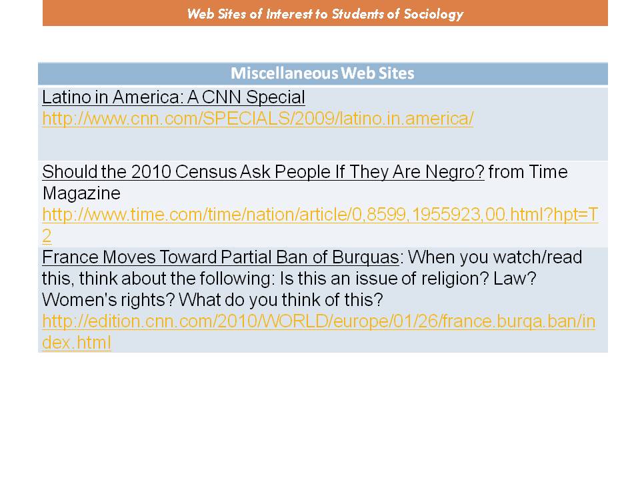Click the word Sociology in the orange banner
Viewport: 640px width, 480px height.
pyautogui.click(x=433, y=14)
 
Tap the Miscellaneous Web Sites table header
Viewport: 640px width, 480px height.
pyautogui.click(x=323, y=73)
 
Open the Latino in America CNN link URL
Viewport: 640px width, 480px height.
pyautogui.click(x=257, y=119)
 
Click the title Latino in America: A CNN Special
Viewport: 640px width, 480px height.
pyautogui.click(x=173, y=97)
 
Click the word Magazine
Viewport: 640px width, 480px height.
pyautogui.click(x=81, y=193)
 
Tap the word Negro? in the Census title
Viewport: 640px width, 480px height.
pyautogui.click(x=455, y=172)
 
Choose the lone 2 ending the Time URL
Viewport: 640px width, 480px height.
pyautogui.click(x=47, y=236)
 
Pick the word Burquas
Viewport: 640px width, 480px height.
pyautogui.click(x=365, y=257)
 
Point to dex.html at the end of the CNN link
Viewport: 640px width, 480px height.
pyautogui.click(x=76, y=343)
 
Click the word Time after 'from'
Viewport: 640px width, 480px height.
pyautogui.click(x=548, y=172)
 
